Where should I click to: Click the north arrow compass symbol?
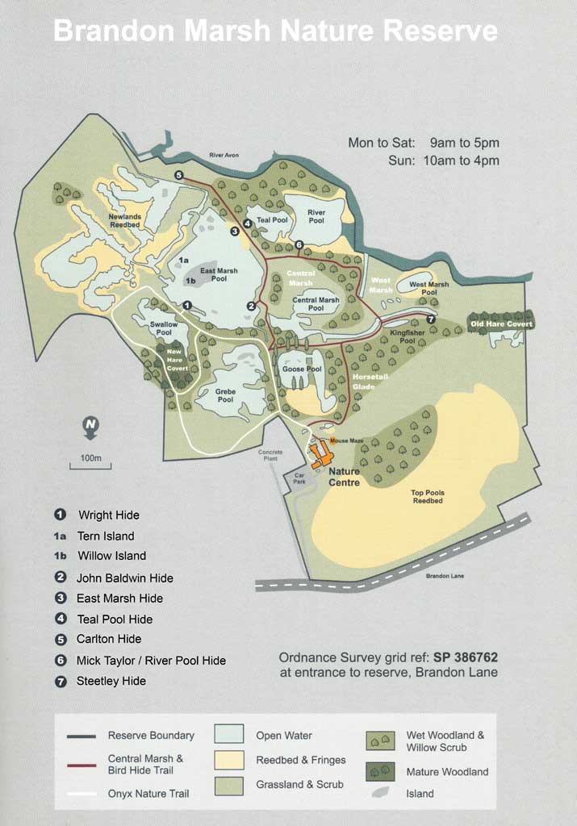tap(90, 427)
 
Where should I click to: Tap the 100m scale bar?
tap(90, 465)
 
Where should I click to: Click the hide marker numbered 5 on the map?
tap(178, 175)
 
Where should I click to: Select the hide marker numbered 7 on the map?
tap(431, 319)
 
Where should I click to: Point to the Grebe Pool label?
tap(225, 395)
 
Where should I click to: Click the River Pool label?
tap(316, 216)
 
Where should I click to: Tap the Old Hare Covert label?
tap(501, 324)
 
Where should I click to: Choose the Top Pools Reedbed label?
tap(427, 497)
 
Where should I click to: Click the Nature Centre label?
tap(345, 477)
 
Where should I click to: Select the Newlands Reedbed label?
tap(125, 220)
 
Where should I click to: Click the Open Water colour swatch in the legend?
tap(229, 735)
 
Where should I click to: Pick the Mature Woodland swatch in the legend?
tap(379, 771)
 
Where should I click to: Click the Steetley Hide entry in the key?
tap(111, 681)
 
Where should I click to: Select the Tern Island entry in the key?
tap(105, 536)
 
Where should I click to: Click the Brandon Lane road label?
tap(445, 576)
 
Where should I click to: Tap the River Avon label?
tap(224, 155)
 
